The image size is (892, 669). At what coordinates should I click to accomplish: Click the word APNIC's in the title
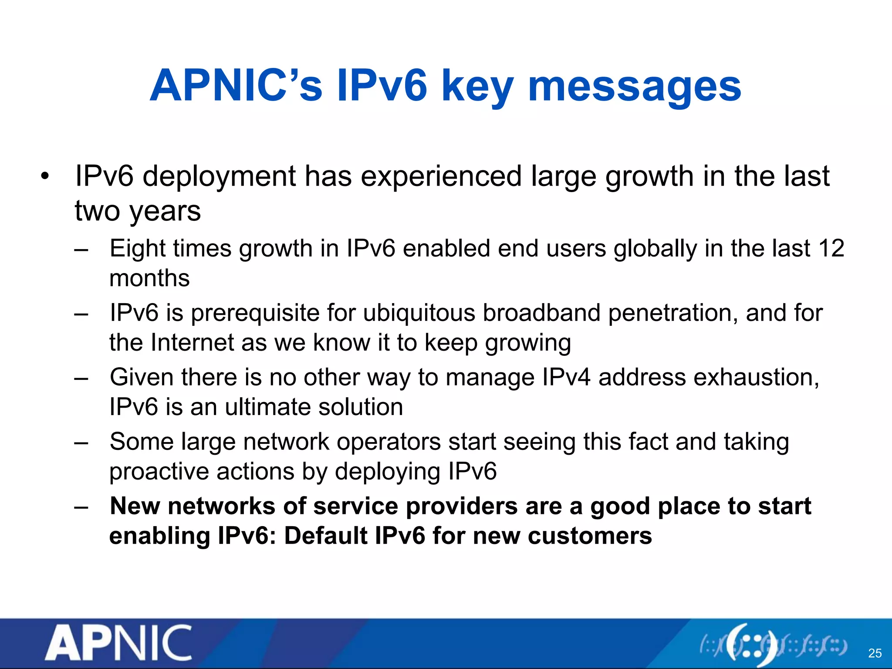click(x=236, y=86)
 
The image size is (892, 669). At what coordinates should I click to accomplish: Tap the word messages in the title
click(x=634, y=86)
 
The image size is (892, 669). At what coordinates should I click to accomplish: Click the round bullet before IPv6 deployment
click(x=45, y=177)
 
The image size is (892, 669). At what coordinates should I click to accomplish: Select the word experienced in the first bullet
click(x=441, y=176)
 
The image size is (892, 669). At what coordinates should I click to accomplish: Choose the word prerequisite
click(x=255, y=313)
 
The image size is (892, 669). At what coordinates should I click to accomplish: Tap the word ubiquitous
click(x=419, y=313)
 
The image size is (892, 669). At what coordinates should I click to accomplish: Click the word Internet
click(x=192, y=343)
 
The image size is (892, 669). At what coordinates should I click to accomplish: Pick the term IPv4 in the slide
click(x=566, y=377)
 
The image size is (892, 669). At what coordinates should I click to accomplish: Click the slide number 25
click(x=875, y=653)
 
